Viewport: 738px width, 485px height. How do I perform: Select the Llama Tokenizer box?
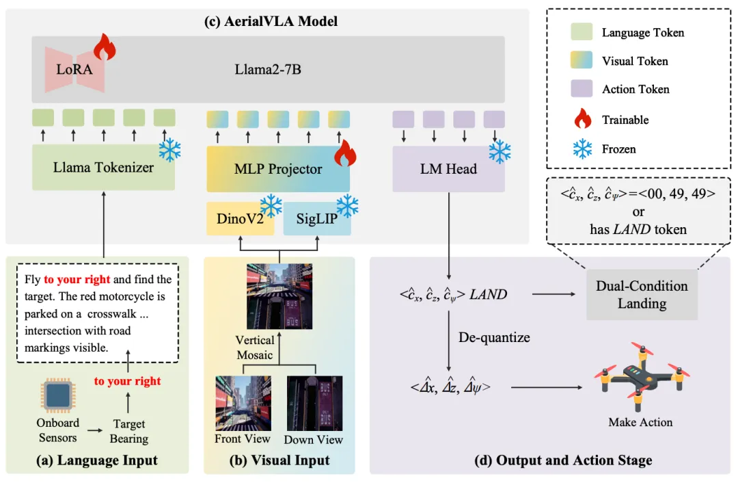[x=103, y=167]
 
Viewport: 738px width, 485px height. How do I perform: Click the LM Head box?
[x=448, y=169]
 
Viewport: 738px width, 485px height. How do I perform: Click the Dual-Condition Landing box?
[x=642, y=295]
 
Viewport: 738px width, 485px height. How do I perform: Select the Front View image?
[x=243, y=403]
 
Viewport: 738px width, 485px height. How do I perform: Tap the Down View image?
[x=314, y=404]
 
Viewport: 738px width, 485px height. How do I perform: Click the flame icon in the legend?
[x=582, y=120]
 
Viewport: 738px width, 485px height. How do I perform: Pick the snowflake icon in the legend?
[x=582, y=148]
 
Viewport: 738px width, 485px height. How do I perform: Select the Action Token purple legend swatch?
[x=582, y=90]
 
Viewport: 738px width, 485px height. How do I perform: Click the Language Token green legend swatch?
[x=582, y=32]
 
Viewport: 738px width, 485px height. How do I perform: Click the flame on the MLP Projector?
[x=345, y=154]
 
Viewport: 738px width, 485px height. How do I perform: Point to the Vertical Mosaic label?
[x=255, y=347]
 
